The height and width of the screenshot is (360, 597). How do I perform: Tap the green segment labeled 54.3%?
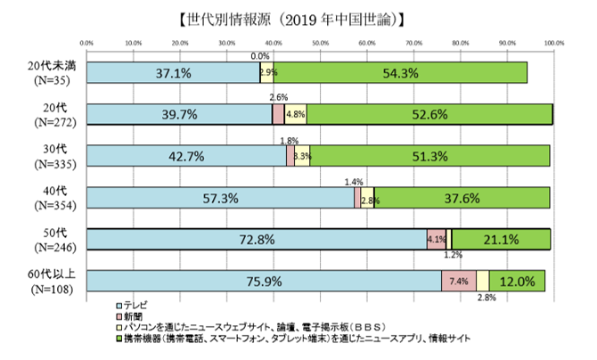point(399,73)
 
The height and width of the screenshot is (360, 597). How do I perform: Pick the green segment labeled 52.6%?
point(429,114)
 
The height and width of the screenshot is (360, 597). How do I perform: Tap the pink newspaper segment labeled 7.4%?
point(459,281)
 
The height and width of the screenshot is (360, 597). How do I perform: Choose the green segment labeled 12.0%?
point(517,281)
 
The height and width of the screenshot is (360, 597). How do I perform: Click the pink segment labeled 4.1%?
point(437,239)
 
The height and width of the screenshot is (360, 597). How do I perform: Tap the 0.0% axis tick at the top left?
point(87,41)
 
